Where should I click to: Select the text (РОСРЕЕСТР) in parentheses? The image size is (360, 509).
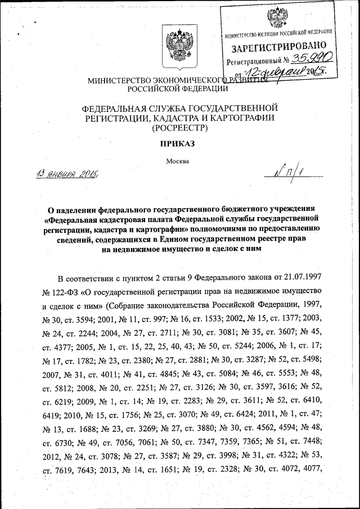pyautogui.click(x=179, y=128)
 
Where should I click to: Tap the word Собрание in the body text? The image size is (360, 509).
pyautogui.click(x=136, y=306)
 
